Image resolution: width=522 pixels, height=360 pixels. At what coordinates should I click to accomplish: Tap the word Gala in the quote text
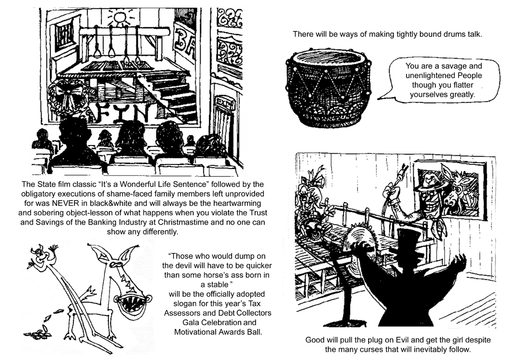(192, 322)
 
